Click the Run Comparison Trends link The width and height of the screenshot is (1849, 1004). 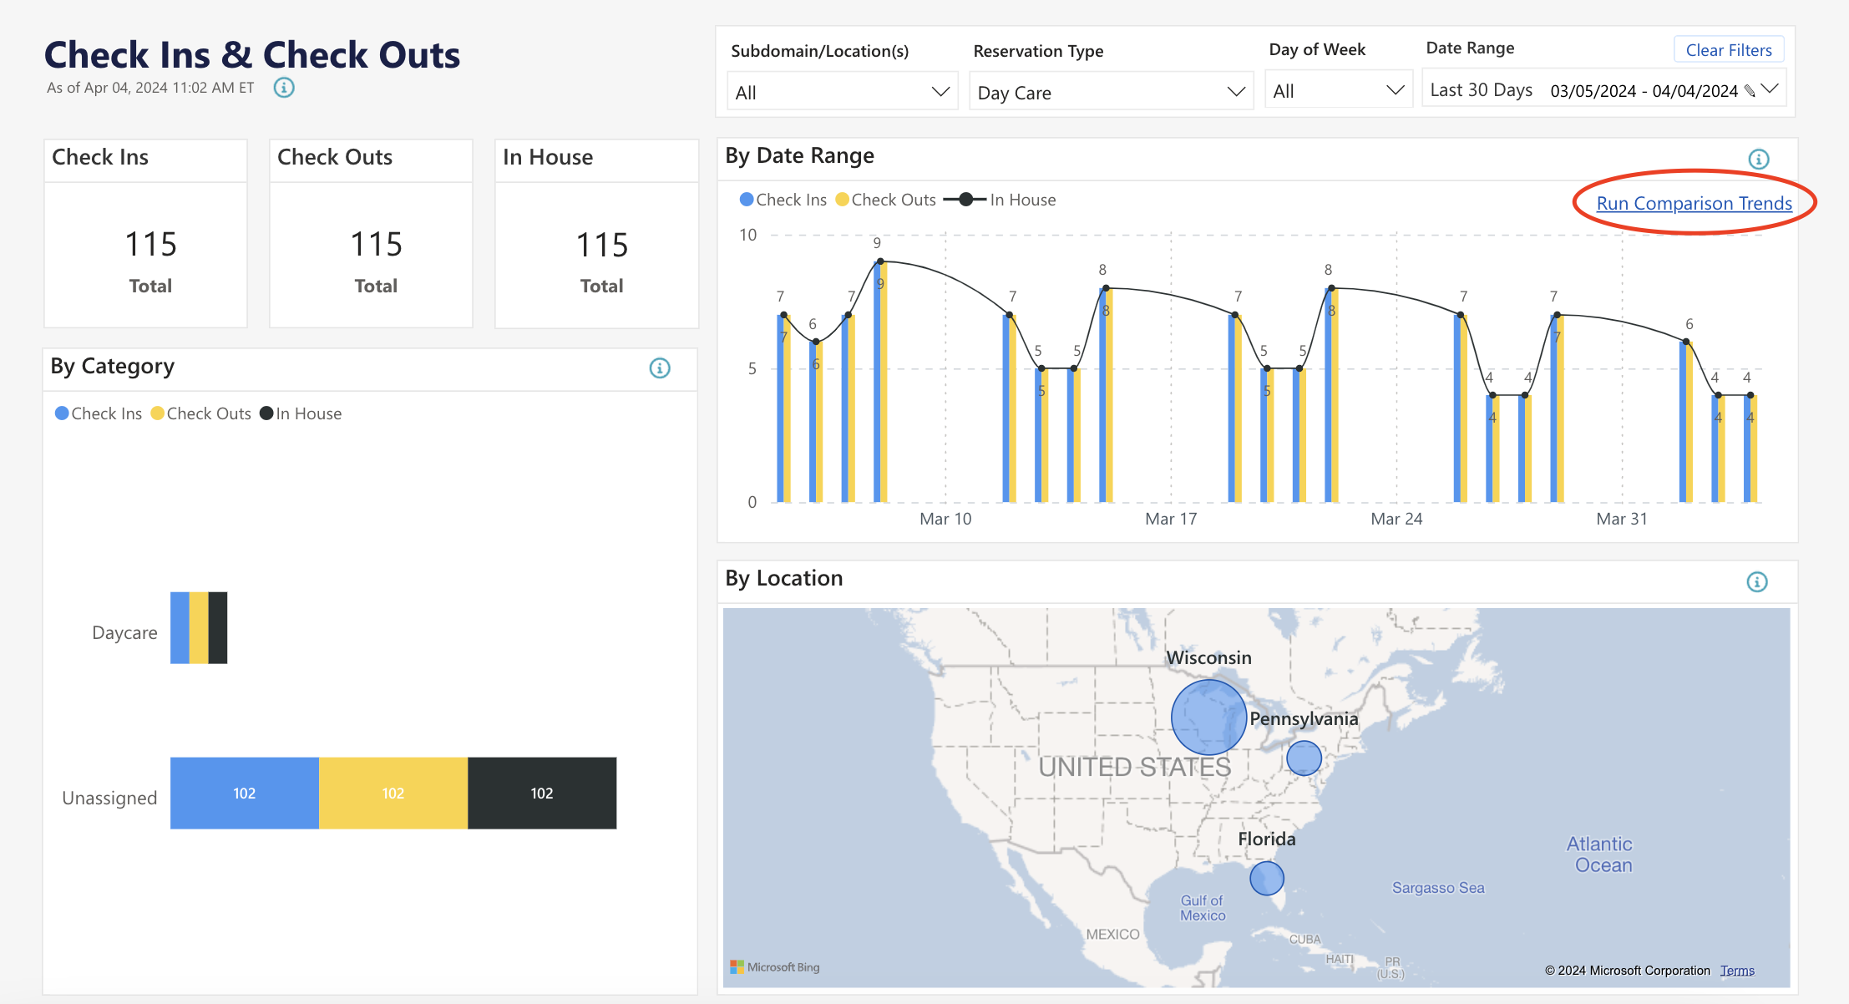(x=1694, y=203)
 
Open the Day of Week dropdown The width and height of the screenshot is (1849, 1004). (x=1338, y=91)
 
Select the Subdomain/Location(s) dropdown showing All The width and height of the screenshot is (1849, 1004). (x=842, y=93)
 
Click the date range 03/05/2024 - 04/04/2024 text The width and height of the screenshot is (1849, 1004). (x=1644, y=91)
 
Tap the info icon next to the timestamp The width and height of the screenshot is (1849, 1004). (x=284, y=88)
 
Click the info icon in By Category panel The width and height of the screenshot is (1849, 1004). (x=660, y=368)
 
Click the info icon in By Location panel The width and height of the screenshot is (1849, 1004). (x=1757, y=582)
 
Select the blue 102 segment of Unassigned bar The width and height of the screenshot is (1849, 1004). (x=244, y=794)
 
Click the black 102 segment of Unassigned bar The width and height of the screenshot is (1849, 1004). (x=541, y=794)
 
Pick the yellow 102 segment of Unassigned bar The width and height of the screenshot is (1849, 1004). (x=393, y=794)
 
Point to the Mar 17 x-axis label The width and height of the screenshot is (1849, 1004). (x=1171, y=519)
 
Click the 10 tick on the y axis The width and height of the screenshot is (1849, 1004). (x=748, y=235)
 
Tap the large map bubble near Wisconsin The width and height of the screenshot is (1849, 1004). (x=1208, y=718)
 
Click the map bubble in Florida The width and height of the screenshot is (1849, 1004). (x=1266, y=878)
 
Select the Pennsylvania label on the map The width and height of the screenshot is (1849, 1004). (x=1304, y=719)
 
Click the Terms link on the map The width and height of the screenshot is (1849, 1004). (x=1737, y=971)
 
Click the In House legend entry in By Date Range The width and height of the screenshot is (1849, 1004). (x=1021, y=200)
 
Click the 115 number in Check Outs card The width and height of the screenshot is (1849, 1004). (x=376, y=245)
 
